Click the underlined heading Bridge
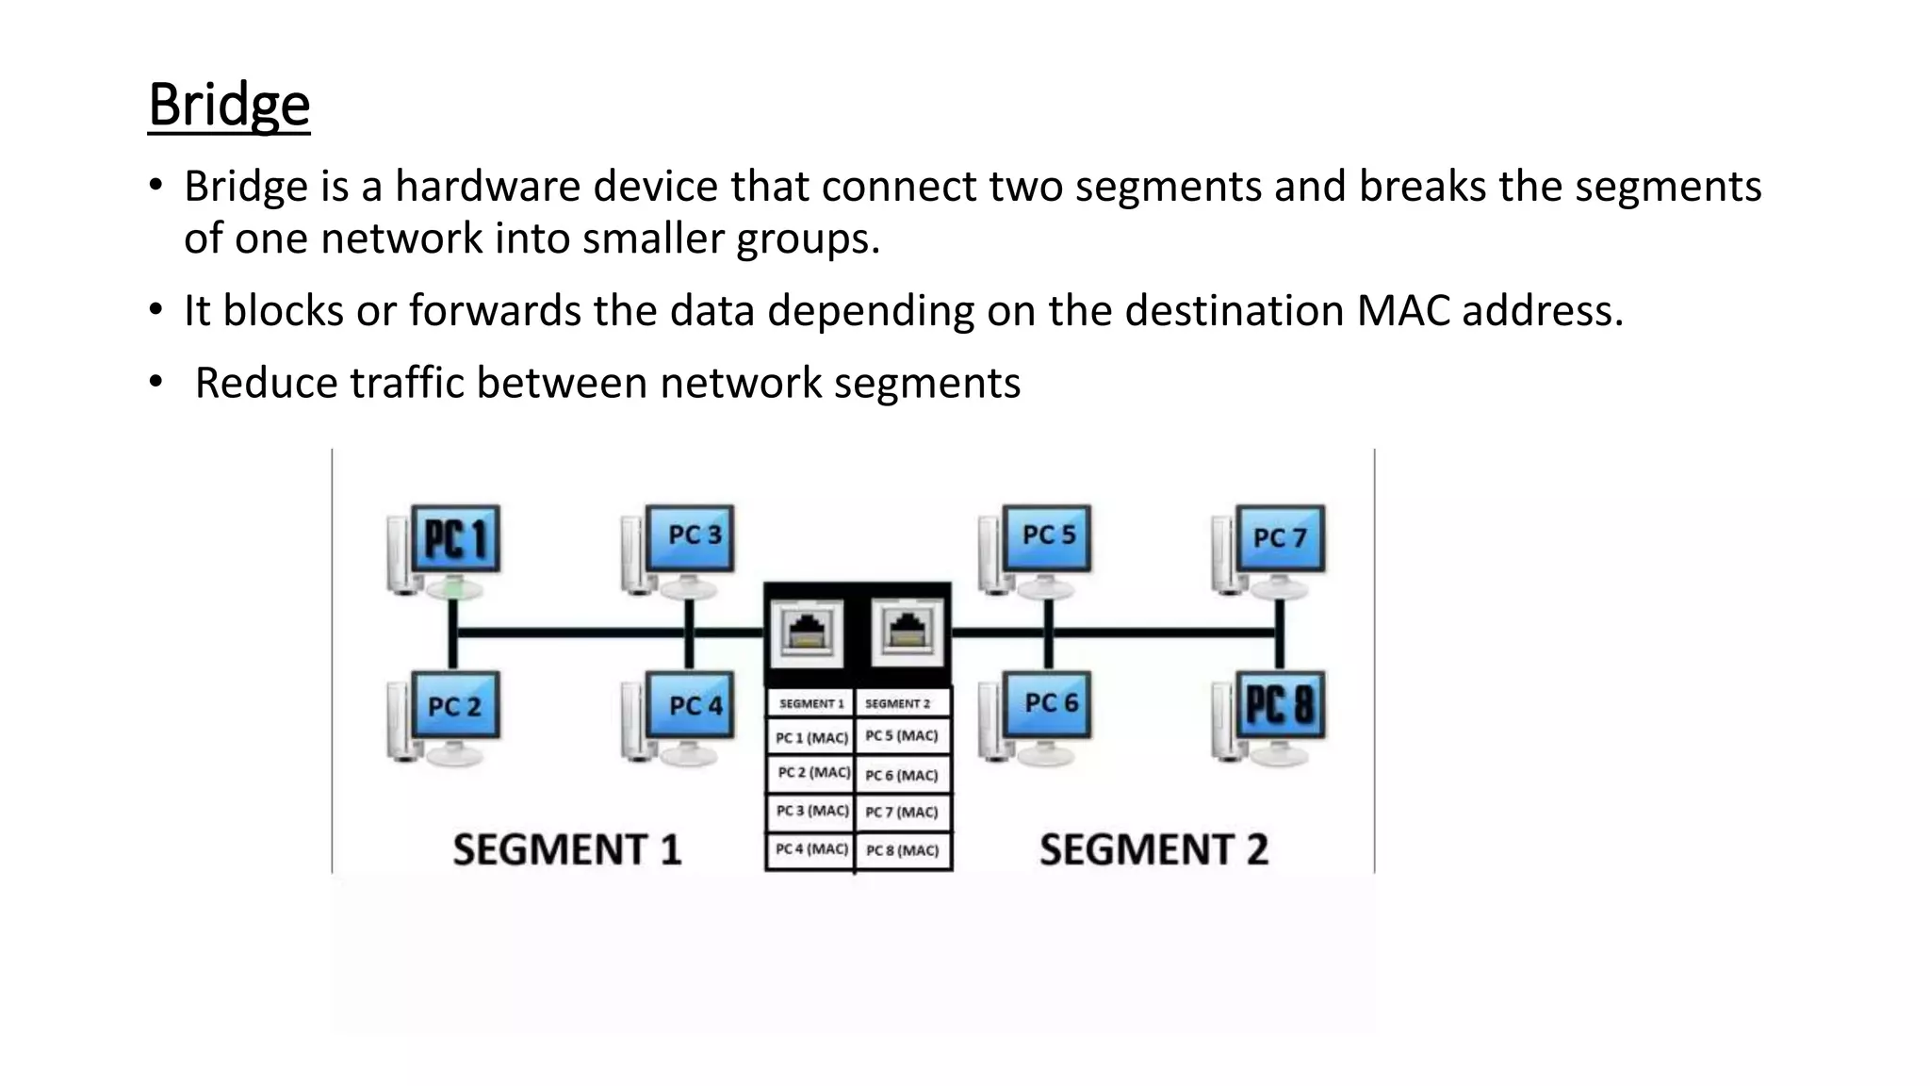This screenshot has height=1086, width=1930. (x=229, y=105)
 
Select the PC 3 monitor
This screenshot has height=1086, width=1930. (x=691, y=536)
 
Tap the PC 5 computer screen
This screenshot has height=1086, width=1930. (x=1047, y=536)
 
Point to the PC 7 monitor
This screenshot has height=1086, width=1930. (x=1280, y=538)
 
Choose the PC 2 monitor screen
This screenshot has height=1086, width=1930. (x=456, y=706)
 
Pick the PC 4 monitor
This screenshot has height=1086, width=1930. (x=691, y=705)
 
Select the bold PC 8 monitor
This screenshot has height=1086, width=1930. (x=1280, y=704)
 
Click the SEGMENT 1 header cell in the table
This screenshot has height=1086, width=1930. (x=810, y=703)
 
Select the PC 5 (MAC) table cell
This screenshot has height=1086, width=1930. (x=902, y=735)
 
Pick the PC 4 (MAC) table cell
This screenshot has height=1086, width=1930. (x=810, y=849)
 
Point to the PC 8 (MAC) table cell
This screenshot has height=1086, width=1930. (x=902, y=850)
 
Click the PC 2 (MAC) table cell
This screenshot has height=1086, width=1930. (x=812, y=772)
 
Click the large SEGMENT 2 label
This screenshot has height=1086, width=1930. (x=1153, y=849)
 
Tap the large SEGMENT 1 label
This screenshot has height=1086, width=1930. (x=566, y=849)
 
